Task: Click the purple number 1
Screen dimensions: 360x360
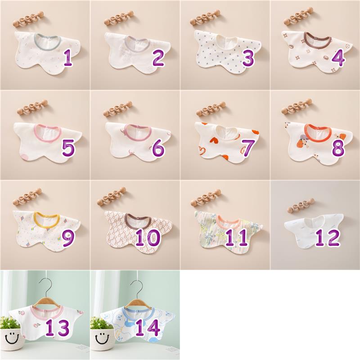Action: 68,58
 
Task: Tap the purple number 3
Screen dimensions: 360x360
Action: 248,58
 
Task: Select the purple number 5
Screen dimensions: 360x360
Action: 68,148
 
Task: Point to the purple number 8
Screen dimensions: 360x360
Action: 338,148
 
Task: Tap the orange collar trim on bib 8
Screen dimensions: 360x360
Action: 318,133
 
